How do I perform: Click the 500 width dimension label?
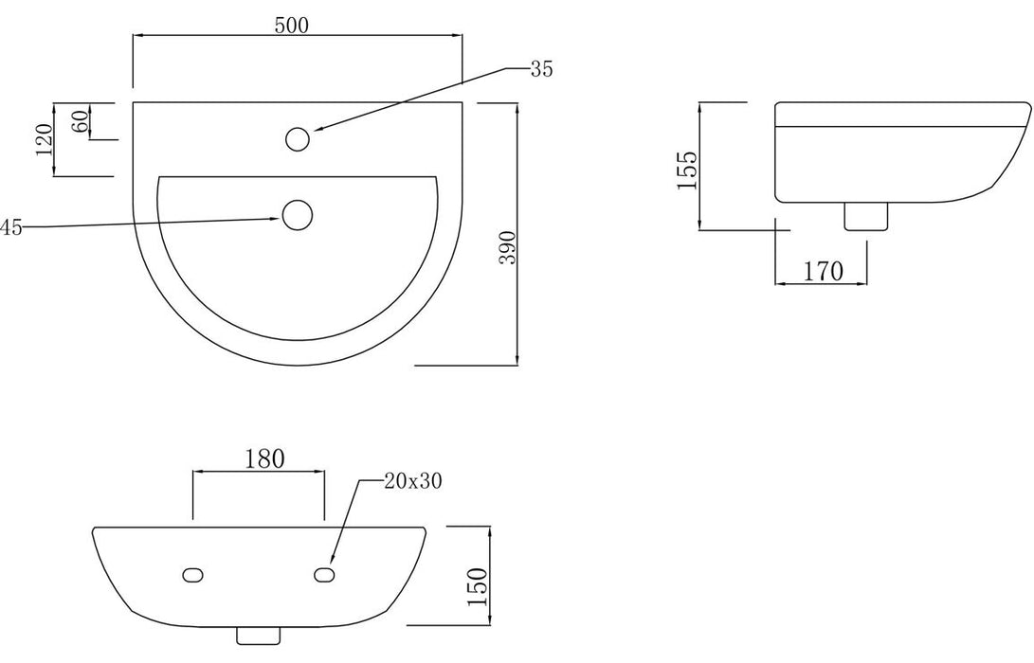pos(292,26)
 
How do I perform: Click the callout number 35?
pos(541,68)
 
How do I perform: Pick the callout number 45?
pos(11,226)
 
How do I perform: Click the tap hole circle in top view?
pos(297,139)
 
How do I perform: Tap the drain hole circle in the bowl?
pos(298,215)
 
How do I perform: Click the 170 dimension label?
pos(823,272)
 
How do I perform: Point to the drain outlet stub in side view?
pos(864,217)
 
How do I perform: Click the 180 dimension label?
pos(264,459)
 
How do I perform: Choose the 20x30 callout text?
pos(413,480)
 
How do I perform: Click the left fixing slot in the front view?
pos(192,575)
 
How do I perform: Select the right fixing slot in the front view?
pos(323,575)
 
